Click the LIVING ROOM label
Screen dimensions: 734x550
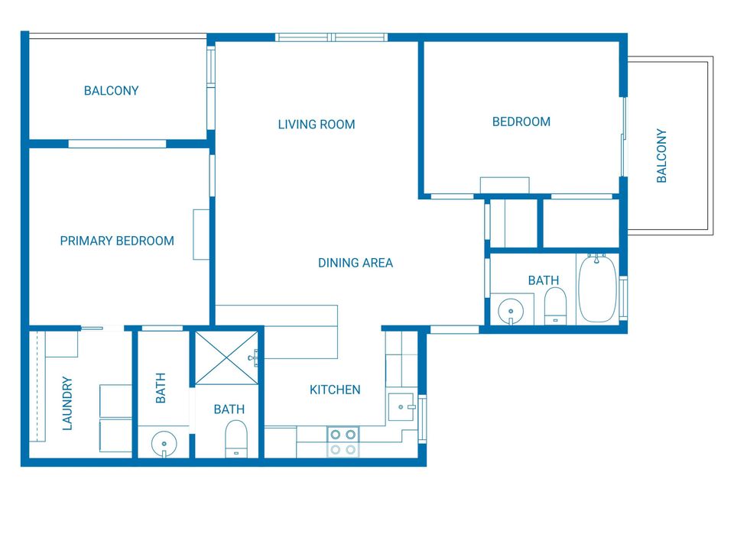[x=317, y=125]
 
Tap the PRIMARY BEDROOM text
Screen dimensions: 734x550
[x=117, y=241]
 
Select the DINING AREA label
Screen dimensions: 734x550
[x=356, y=263]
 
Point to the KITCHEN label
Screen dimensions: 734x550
[x=335, y=390]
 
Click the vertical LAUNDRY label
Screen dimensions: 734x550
[x=67, y=403]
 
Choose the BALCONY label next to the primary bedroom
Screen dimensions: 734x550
[x=112, y=91]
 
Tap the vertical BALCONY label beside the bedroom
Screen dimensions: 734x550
[x=661, y=156]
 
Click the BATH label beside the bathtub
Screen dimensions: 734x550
[x=544, y=280]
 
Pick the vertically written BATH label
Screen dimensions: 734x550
[x=161, y=388]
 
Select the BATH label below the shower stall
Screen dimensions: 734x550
[x=229, y=409]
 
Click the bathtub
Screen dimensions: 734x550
[x=597, y=288]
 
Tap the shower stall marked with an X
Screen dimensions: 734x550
[x=226, y=358]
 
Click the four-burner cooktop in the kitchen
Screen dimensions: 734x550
[x=343, y=442]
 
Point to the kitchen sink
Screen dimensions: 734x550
[x=401, y=407]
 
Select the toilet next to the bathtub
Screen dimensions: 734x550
[x=555, y=306]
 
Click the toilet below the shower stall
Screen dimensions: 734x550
[x=236, y=438]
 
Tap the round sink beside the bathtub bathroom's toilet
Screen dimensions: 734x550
[x=511, y=311]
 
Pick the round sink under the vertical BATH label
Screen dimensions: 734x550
[x=164, y=444]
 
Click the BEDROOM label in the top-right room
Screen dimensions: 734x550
[x=521, y=122]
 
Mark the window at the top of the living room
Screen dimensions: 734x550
[x=331, y=37]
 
